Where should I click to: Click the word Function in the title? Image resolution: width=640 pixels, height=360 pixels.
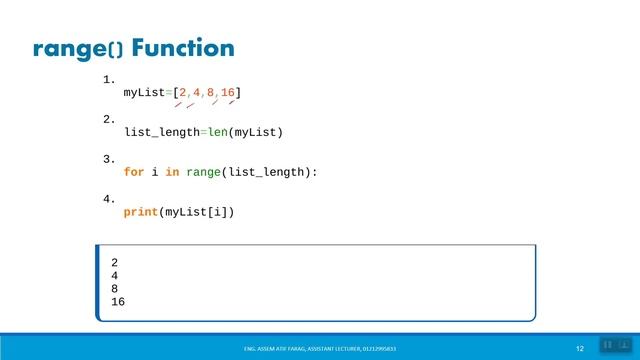pyautogui.click(x=183, y=48)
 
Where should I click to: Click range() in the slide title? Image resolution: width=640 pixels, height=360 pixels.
pyautogui.click(x=78, y=49)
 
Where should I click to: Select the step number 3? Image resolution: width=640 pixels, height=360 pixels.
pyautogui.click(x=109, y=159)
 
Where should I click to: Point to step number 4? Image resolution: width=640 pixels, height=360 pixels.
pyautogui.click(x=109, y=199)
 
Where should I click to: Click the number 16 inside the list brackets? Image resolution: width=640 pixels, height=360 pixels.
pyautogui.click(x=227, y=93)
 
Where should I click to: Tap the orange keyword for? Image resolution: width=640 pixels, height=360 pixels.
pyautogui.click(x=134, y=172)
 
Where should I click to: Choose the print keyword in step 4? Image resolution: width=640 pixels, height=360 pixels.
pyautogui.click(x=140, y=212)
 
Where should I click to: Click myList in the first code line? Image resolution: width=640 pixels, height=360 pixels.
pyautogui.click(x=144, y=93)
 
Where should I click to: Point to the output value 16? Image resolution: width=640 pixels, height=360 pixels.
pyautogui.click(x=118, y=301)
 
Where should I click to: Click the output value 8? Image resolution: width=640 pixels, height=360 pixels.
pyautogui.click(x=115, y=289)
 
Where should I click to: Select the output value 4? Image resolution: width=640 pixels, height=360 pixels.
pyautogui.click(x=115, y=276)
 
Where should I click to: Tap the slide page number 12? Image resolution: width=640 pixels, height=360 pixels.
pyautogui.click(x=579, y=347)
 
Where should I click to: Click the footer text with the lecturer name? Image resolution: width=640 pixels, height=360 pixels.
pyautogui.click(x=326, y=348)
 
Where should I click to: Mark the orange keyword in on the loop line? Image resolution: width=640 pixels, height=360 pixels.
pyautogui.click(x=172, y=172)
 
